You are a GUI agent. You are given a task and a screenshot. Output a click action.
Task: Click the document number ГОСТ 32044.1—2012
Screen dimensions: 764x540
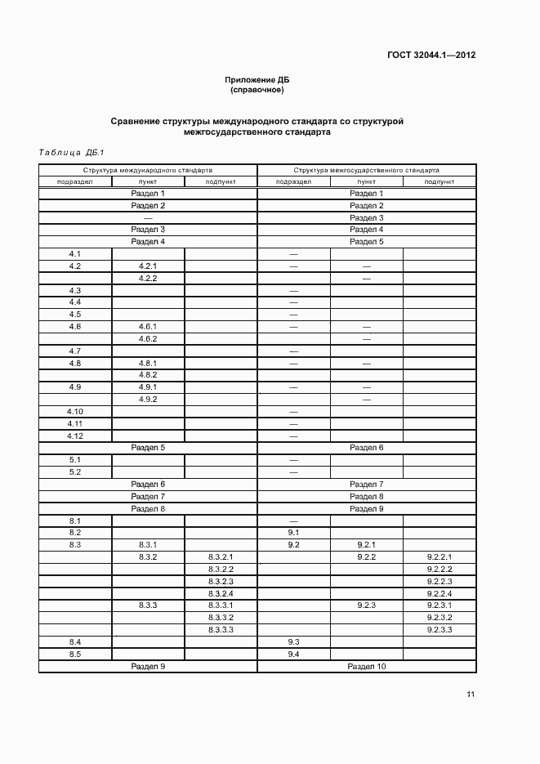click(x=431, y=56)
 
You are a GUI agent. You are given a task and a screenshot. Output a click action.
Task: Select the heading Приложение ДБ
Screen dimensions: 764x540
click(x=257, y=80)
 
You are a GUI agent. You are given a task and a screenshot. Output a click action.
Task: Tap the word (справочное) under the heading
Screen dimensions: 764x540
click(x=257, y=90)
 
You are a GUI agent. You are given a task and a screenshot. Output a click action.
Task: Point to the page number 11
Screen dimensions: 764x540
click(x=471, y=695)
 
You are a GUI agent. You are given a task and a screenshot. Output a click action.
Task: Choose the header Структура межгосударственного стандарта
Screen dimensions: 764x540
click(x=366, y=170)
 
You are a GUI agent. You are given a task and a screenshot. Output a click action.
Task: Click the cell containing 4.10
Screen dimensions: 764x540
click(x=75, y=412)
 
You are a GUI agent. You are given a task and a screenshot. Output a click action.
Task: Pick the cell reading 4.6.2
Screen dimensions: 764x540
click(x=148, y=339)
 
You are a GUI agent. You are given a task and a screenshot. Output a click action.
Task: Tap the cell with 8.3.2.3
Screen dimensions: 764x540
click(x=221, y=581)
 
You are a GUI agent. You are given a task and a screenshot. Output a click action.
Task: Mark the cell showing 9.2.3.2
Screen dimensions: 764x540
click(x=440, y=618)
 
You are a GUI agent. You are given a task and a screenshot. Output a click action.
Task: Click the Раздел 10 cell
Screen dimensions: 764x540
click(x=366, y=667)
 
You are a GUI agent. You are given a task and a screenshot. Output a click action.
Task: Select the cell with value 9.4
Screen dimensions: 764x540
click(x=294, y=655)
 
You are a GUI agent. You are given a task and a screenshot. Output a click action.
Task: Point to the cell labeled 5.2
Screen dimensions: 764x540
click(x=75, y=472)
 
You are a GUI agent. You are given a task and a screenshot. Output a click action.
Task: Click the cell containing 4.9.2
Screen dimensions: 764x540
click(x=148, y=400)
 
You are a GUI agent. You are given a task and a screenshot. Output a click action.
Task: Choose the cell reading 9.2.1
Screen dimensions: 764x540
click(x=366, y=545)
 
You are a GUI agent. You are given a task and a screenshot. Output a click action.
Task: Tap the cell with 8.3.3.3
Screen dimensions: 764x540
click(x=221, y=630)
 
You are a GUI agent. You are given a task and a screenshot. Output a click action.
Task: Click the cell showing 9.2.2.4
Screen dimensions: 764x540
click(x=440, y=593)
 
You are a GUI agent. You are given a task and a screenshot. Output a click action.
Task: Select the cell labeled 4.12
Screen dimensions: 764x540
click(x=75, y=436)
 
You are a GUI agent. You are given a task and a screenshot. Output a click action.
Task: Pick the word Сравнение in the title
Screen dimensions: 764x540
click(x=136, y=121)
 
